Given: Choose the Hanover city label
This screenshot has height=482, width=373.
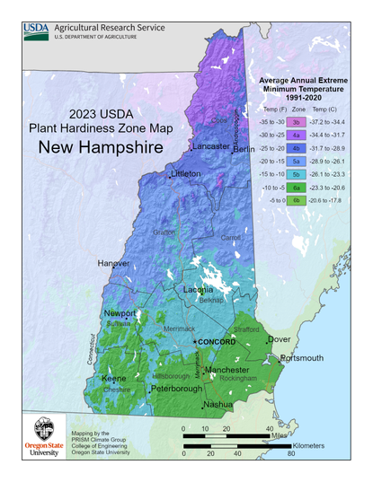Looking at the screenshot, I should point(113,263).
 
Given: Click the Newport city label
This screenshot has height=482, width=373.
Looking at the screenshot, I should point(119,313).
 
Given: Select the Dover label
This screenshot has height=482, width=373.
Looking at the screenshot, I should point(280,339).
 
